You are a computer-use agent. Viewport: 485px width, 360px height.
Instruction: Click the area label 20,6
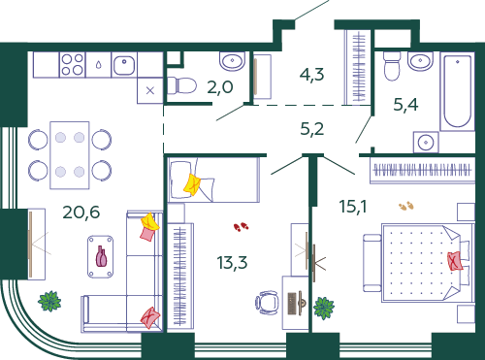81,213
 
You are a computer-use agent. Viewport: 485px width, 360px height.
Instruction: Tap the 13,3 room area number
232,262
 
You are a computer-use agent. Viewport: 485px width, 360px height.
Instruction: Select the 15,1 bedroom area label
353,206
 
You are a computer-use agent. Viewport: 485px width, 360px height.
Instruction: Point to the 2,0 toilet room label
220,87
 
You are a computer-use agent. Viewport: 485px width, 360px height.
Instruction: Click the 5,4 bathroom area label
405,105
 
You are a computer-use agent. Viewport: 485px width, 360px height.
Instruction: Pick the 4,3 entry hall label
311,75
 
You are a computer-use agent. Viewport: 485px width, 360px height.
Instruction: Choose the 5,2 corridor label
312,129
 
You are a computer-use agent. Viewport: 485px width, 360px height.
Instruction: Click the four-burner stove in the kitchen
73,65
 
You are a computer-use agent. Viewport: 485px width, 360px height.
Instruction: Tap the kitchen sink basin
124,65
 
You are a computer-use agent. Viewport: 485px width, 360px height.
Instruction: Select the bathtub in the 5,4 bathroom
457,91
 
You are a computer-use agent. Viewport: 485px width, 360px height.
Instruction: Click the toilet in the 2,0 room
182,86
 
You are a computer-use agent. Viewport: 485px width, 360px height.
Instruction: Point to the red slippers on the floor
241,227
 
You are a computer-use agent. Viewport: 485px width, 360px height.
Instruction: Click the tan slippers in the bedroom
406,206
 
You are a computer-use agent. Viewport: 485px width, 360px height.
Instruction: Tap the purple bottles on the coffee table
101,256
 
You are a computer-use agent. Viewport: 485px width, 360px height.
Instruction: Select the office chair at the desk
267,303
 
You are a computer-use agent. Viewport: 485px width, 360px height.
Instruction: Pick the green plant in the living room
49,301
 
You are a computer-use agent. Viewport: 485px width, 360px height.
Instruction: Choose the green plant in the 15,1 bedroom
324,308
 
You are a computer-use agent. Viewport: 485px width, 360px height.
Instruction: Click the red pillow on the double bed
455,261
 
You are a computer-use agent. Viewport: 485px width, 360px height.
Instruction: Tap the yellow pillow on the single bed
192,184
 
